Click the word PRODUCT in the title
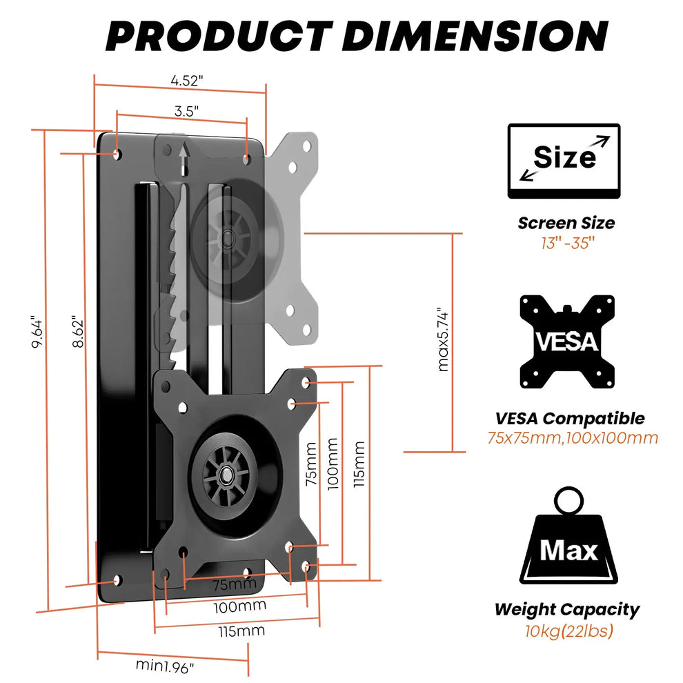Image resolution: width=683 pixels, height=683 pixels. coord(218,35)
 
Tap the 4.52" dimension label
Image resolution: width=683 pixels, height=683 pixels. coord(186,79)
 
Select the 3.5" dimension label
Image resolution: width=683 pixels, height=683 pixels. coord(186,110)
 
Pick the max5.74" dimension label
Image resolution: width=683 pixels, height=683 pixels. coord(444,339)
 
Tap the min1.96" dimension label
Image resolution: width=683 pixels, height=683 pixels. coord(164,666)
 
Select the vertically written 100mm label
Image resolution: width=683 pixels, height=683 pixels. coord(333,463)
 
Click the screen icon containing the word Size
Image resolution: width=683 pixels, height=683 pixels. coord(564,161)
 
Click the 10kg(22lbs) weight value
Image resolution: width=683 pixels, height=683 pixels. coord(568,631)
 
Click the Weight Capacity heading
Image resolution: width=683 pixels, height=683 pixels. coord(566,609)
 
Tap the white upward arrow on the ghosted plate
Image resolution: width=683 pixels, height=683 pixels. coord(183,158)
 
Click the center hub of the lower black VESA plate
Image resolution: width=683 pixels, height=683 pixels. coord(226,475)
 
